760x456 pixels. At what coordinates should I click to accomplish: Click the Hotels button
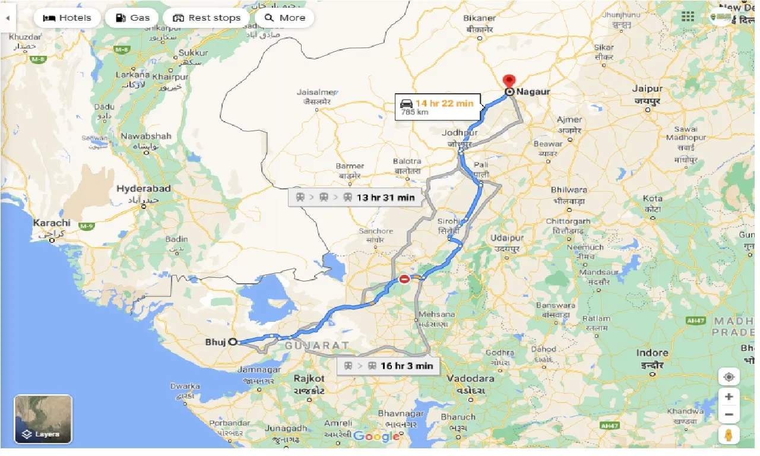point(67,18)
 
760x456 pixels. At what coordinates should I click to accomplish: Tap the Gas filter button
point(132,18)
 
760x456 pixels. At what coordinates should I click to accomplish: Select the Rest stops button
point(206,18)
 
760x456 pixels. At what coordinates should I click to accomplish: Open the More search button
point(284,18)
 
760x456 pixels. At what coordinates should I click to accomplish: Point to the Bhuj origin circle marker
point(233,342)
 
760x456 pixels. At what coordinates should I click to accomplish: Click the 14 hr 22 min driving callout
point(437,107)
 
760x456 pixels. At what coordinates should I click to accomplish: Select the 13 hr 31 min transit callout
point(355,198)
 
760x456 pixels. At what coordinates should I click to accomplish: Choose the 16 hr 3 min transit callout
point(388,366)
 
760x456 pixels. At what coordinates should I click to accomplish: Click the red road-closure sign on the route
point(404,278)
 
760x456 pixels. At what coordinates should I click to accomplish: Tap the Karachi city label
point(52,223)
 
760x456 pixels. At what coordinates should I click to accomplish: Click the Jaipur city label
point(647,88)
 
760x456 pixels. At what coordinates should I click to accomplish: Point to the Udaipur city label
point(507,238)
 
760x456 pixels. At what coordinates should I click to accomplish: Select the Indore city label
point(652,353)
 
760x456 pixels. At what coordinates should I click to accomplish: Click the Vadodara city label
point(471,378)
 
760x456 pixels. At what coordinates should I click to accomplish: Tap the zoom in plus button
point(729,397)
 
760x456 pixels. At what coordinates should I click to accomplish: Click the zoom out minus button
point(729,414)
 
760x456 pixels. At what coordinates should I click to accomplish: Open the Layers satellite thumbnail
point(43,419)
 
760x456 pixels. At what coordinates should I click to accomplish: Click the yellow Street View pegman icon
point(729,435)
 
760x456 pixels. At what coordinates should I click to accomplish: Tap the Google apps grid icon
point(688,17)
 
